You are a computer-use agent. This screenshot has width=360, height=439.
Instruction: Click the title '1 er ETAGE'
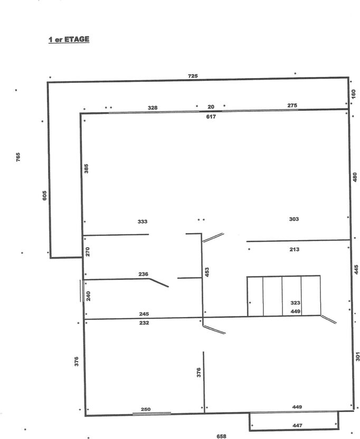[x=69, y=39]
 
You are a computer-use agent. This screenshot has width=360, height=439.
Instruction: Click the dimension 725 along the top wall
[x=193, y=76]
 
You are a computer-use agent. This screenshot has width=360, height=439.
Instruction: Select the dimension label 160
[x=353, y=94]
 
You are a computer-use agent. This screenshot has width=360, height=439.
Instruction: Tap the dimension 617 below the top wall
[x=211, y=117]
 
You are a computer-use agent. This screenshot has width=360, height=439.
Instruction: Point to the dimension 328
[x=153, y=108]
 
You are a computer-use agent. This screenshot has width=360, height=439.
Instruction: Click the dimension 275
[x=292, y=106]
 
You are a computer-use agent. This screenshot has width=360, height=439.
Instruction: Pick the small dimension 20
[x=211, y=107]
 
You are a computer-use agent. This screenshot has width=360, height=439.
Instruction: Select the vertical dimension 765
[x=18, y=157]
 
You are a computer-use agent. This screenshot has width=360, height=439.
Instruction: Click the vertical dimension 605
[x=44, y=195]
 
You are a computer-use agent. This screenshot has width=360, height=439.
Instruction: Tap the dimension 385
[x=86, y=168]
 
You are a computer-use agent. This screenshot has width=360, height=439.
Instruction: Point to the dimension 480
[x=355, y=177]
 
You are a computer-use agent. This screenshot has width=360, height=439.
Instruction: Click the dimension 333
[x=143, y=222]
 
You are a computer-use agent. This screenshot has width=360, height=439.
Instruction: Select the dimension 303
[x=294, y=219]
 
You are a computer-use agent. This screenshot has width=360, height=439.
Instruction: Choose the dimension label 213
[x=295, y=249]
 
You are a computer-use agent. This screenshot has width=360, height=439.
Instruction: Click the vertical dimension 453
[x=207, y=272]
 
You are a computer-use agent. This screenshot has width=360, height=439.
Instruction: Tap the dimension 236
[x=143, y=274]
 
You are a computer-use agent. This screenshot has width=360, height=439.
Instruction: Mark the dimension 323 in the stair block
[x=295, y=303]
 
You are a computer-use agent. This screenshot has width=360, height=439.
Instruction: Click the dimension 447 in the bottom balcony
[x=297, y=425]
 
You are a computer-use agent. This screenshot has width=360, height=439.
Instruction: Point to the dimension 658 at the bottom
[x=221, y=436]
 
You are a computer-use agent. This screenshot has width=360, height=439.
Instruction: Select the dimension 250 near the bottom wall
[x=146, y=409]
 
